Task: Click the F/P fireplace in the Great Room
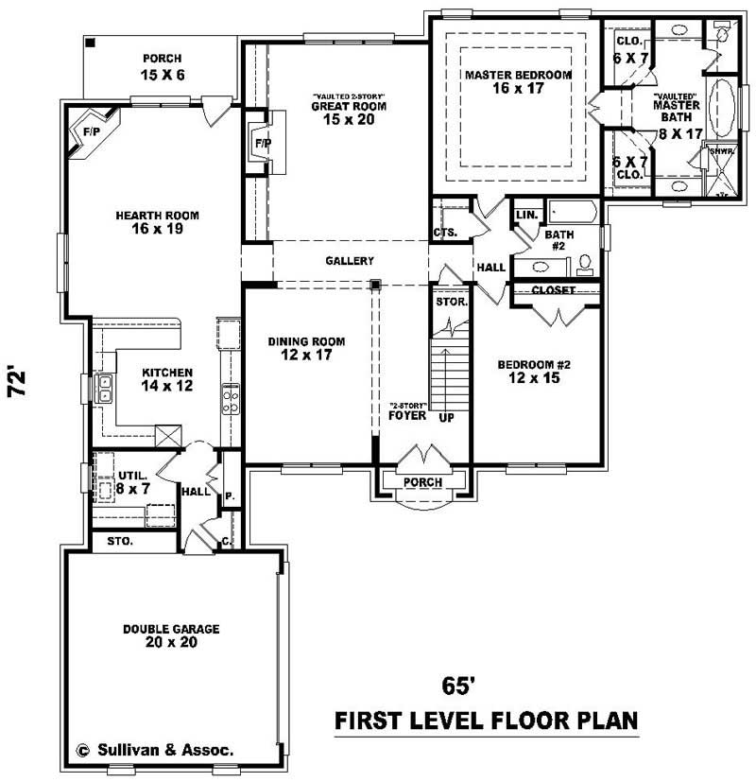(264, 142)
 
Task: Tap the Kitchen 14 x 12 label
(167, 379)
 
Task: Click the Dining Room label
(305, 349)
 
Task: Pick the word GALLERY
(350, 261)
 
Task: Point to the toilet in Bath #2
(584, 261)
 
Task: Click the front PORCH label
(422, 482)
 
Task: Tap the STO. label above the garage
(120, 543)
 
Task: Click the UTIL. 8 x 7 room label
(129, 482)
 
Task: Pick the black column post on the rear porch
(91, 43)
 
